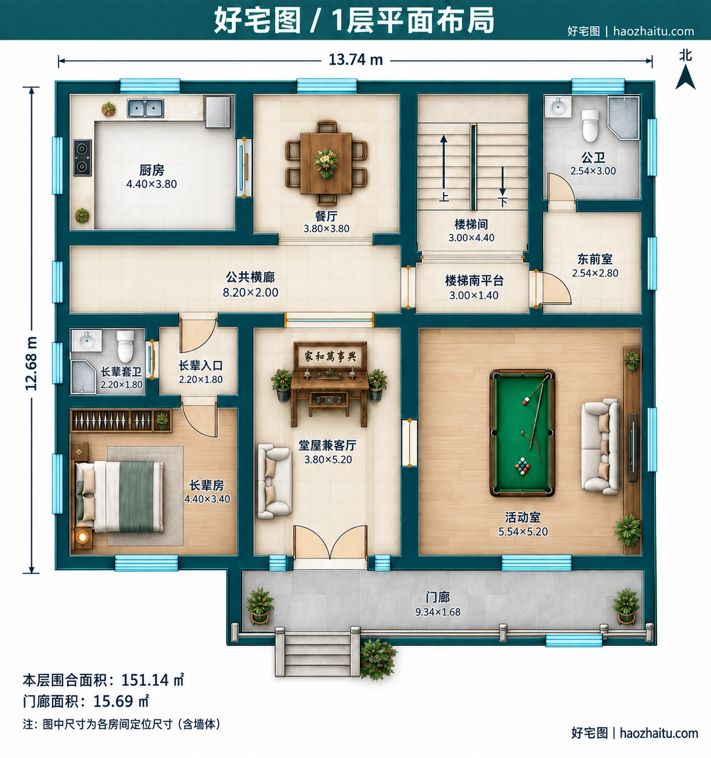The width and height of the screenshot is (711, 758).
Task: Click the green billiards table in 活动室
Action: click(x=522, y=433)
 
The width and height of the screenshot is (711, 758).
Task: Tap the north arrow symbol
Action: click(x=685, y=77)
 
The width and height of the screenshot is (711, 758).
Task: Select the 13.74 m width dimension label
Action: click(x=355, y=60)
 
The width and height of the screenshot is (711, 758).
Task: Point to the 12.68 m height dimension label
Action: click(x=31, y=363)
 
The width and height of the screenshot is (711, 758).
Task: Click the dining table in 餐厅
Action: click(x=326, y=163)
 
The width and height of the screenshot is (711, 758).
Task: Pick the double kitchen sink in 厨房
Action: click(x=145, y=108)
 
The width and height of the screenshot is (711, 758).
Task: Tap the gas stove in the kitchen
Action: click(x=83, y=157)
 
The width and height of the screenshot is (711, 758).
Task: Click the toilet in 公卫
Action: click(x=590, y=126)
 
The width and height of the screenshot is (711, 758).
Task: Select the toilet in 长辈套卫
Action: click(x=125, y=346)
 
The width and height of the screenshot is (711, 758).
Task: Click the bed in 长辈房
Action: click(x=119, y=496)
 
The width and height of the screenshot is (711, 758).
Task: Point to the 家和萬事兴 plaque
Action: click(x=330, y=356)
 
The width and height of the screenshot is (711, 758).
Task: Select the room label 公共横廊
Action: click(x=250, y=277)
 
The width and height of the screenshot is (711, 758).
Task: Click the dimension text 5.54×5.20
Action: click(x=523, y=531)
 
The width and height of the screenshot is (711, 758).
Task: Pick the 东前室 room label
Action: click(x=595, y=259)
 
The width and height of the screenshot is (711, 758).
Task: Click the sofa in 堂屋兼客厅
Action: click(x=274, y=481)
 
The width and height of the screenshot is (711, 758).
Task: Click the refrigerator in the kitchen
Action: click(x=218, y=112)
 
